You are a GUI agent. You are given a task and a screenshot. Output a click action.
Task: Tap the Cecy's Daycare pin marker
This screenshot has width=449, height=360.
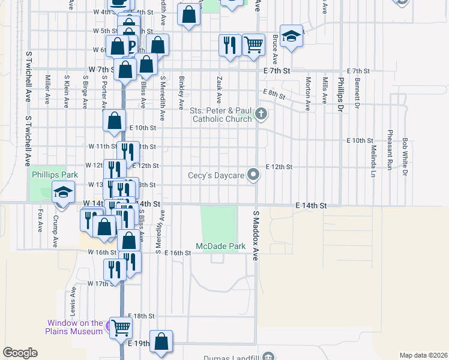(254, 175)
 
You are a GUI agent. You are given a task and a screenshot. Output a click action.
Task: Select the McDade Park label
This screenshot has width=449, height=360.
(220, 247)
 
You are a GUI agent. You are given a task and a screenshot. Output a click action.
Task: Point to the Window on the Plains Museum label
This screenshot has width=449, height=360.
(75, 327)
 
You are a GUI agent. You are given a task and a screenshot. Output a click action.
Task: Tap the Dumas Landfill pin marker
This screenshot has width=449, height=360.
(268, 356)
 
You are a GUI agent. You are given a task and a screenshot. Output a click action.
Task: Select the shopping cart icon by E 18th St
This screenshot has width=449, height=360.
(121, 328)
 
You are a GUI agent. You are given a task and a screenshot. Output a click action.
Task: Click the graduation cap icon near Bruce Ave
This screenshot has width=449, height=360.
(291, 37)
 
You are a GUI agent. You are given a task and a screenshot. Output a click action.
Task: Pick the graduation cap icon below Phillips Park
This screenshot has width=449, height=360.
(63, 193)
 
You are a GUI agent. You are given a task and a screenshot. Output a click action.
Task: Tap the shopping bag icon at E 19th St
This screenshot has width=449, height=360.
(161, 341)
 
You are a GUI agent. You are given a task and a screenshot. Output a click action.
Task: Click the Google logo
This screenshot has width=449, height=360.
(20, 353)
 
